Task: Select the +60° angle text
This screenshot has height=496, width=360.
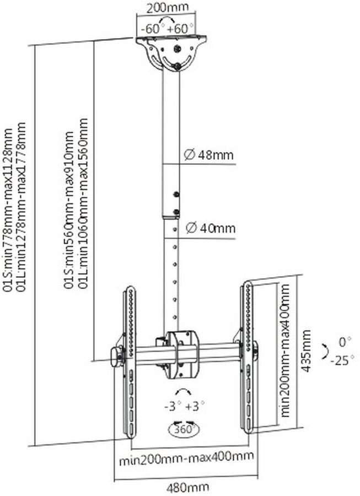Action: tap(181, 29)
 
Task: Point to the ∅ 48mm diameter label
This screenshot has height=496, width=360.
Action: tap(209, 155)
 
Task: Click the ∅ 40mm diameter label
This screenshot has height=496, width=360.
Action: tap(211, 228)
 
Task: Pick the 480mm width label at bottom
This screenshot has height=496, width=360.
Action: tap(187, 488)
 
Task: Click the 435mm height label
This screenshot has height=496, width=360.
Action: tap(305, 351)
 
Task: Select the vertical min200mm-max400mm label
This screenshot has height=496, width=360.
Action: tap(285, 351)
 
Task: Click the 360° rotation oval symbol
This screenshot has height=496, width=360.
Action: tap(184, 429)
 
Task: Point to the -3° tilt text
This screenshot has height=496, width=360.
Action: tap(173, 406)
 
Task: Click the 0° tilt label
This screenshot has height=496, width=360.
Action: tap(345, 342)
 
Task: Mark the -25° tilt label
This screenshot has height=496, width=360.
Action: tap(342, 360)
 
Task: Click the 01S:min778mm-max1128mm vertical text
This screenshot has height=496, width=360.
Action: tap(8, 209)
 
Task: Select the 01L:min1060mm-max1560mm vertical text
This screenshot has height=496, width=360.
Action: tap(83, 203)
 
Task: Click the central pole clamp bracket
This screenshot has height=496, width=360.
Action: tap(181, 354)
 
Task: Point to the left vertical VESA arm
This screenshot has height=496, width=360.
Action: tap(130, 362)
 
